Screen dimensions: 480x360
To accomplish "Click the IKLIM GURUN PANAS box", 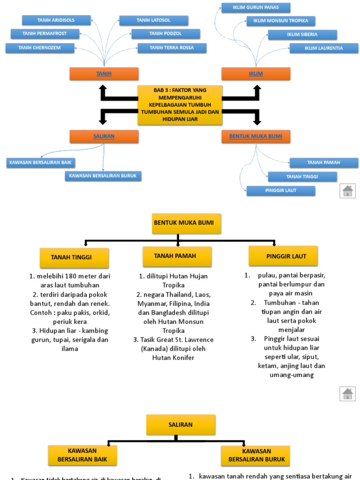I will tap(255, 7).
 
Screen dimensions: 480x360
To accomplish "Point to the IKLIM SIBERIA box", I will tap(302, 34).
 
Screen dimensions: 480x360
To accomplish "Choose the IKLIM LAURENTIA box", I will tap(323, 48).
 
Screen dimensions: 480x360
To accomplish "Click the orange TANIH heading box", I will tap(104, 74).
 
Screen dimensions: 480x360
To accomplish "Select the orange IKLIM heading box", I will tap(256, 74).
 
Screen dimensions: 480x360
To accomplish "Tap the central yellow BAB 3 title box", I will tap(180, 105).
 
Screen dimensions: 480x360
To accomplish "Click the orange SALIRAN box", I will tap(104, 136).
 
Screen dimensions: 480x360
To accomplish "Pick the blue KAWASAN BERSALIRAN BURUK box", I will tap(103, 176).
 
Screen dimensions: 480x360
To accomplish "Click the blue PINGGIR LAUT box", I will tap(281, 190).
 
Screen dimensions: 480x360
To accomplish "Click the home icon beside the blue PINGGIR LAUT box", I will tap(347, 190).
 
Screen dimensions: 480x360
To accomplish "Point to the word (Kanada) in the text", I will tap(147, 348).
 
